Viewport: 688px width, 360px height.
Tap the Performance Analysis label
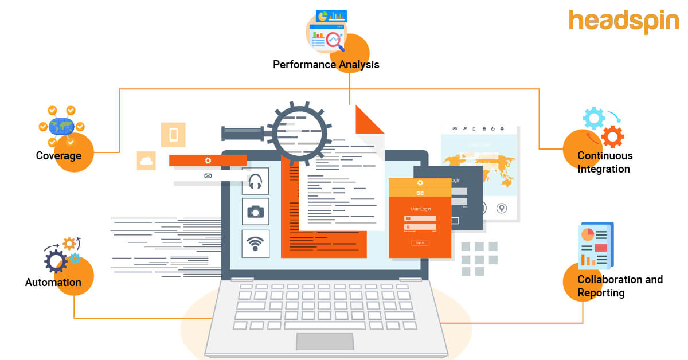click(x=326, y=64)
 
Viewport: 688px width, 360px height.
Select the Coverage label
click(x=58, y=155)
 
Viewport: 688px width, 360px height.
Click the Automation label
click(x=53, y=282)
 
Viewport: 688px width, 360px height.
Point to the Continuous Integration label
click(x=605, y=162)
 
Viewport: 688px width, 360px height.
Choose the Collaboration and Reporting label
click(x=620, y=286)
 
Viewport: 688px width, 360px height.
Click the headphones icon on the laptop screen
click(x=255, y=182)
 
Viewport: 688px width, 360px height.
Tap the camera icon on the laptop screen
click(x=255, y=212)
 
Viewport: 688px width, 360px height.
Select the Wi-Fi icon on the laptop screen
click(x=255, y=244)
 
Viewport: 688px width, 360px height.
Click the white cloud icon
click(x=146, y=161)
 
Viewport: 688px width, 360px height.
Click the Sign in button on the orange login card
click(x=420, y=242)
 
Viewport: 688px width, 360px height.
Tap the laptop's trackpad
click(x=325, y=341)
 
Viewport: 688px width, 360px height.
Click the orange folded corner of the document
click(x=368, y=120)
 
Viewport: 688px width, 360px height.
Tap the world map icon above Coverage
click(x=62, y=126)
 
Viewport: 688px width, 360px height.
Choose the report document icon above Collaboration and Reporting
click(x=595, y=245)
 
